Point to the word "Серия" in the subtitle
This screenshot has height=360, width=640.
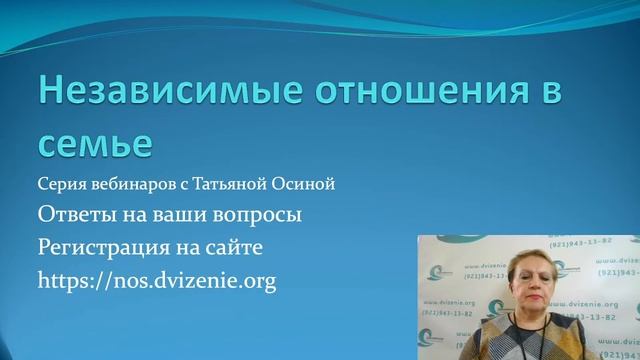click(x=59, y=184)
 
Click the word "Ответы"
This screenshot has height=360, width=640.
click(x=75, y=214)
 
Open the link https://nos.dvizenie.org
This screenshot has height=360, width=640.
click(x=157, y=280)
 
